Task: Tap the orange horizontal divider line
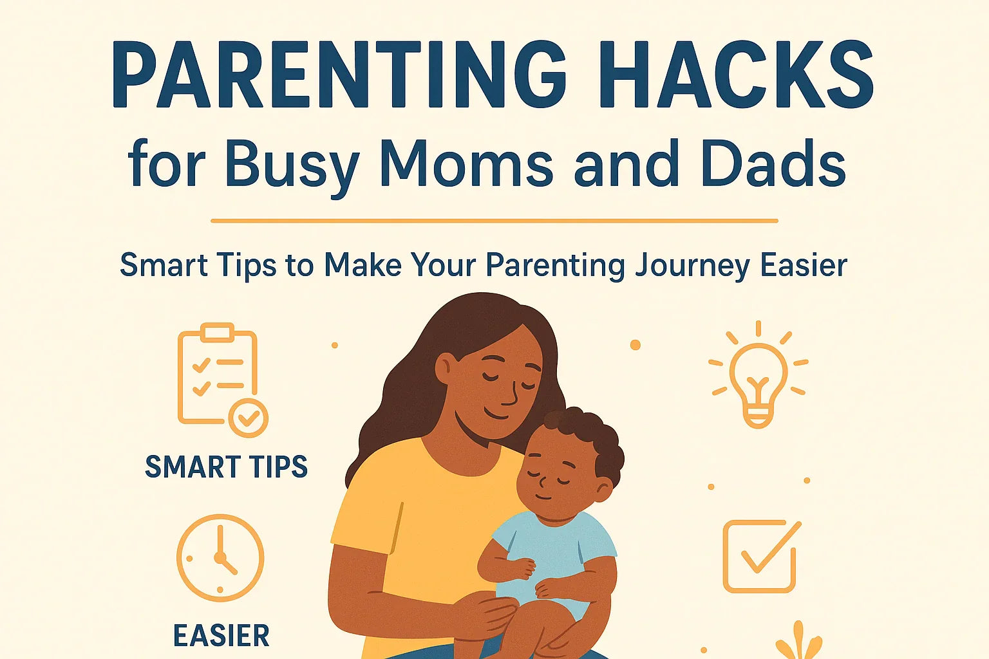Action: pos(494,221)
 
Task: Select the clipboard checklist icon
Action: pos(219,376)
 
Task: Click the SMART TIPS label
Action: pos(226,467)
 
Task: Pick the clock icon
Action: pos(220,557)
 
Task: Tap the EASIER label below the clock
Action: pos(221,636)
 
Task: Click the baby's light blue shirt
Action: pos(554,547)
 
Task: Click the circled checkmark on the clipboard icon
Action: pos(249,418)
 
